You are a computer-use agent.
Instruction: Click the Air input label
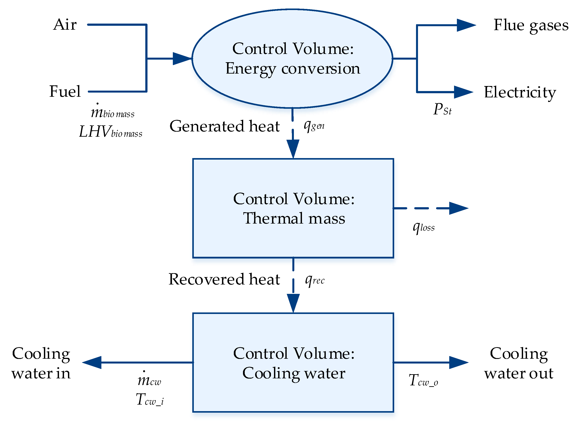tap(65, 25)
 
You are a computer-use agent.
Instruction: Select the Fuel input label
tap(65, 92)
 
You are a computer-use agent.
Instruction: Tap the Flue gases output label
tap(531, 26)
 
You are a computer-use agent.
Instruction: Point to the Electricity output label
tap(520, 93)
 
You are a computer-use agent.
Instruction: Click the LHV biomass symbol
tap(110, 132)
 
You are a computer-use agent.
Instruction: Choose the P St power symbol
tap(442, 109)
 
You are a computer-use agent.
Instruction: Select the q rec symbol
tap(315, 280)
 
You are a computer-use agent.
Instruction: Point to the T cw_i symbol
tap(150, 400)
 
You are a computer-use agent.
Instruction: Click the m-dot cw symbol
tap(149, 380)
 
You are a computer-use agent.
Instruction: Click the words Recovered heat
tap(224, 279)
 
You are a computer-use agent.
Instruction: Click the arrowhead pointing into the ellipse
tap(182, 59)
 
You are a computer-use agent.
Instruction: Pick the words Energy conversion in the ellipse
tap(293, 69)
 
